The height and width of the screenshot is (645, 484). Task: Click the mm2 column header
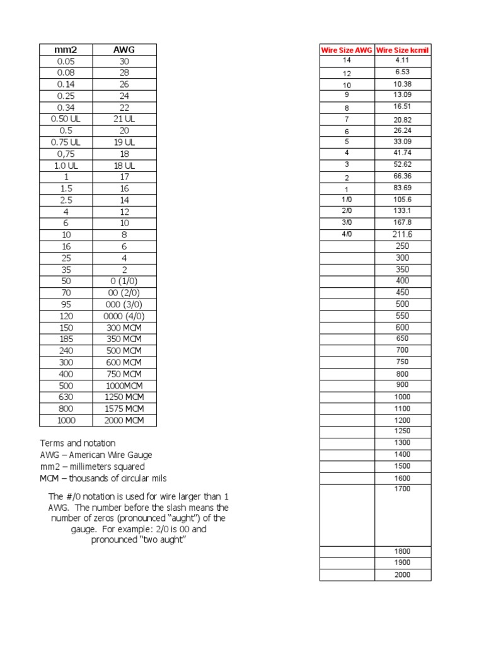[66, 50]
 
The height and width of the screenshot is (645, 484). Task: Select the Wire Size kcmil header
[403, 50]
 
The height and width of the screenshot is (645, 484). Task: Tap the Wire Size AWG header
[347, 50]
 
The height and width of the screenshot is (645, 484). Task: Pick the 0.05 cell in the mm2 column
[66, 62]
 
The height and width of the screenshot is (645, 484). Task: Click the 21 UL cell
[124, 119]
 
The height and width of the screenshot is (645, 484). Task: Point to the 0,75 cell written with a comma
[66, 154]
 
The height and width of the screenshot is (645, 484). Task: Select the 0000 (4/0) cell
[124, 316]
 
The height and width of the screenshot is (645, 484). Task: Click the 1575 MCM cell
[124, 409]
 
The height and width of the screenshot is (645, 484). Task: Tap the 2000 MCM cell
[124, 421]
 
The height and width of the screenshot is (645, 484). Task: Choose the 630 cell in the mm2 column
[66, 397]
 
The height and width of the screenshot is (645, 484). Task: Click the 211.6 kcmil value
[403, 234]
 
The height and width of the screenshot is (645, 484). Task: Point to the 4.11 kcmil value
[403, 60]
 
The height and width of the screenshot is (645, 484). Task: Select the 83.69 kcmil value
[403, 188]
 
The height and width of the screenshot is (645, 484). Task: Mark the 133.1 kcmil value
[403, 211]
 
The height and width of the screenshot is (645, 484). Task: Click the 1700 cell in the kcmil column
[403, 489]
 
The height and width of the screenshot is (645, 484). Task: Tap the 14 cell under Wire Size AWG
[347, 60]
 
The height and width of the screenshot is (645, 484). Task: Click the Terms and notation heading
[78, 443]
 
